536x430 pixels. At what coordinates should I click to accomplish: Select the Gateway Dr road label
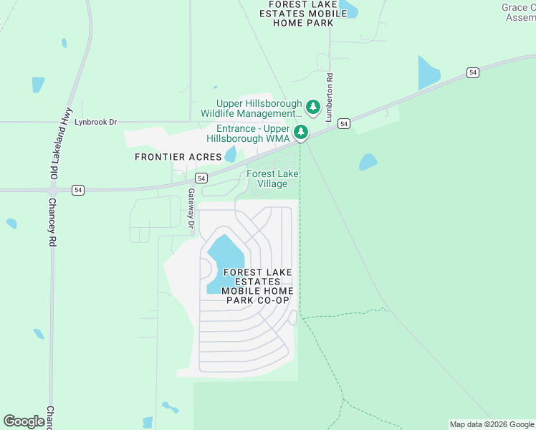[191, 209]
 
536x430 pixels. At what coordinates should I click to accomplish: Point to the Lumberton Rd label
[330, 97]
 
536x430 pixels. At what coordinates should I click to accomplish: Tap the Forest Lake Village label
[272, 178]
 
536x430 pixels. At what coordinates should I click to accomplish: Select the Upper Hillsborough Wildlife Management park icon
[312, 107]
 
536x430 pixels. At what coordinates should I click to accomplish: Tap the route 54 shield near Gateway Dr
[201, 178]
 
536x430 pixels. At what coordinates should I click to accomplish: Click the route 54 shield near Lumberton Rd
[345, 124]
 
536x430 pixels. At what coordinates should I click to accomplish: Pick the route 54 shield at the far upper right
[472, 72]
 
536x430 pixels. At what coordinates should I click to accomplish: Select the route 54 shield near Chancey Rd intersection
[78, 190]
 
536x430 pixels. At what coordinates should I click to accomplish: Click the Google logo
[24, 421]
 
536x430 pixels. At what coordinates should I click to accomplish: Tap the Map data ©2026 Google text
[492, 424]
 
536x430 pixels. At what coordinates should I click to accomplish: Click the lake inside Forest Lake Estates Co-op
[225, 258]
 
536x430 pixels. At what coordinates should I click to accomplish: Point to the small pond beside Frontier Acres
[230, 154]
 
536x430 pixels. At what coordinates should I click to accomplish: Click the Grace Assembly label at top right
[518, 13]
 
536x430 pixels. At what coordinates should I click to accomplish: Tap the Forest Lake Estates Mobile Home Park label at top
[303, 14]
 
